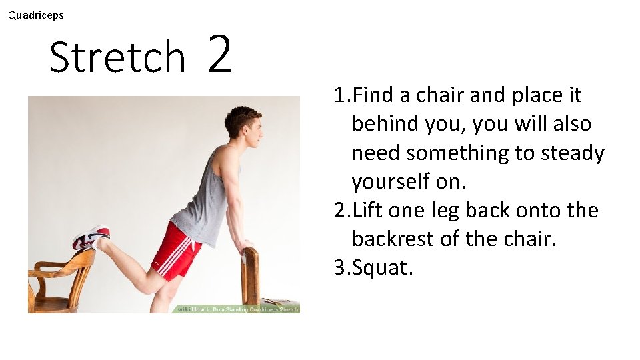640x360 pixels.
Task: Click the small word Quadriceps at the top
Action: (36, 15)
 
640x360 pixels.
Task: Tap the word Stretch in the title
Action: (117, 57)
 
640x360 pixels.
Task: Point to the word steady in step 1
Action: (574, 153)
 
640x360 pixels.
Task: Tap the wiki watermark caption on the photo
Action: (237, 309)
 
